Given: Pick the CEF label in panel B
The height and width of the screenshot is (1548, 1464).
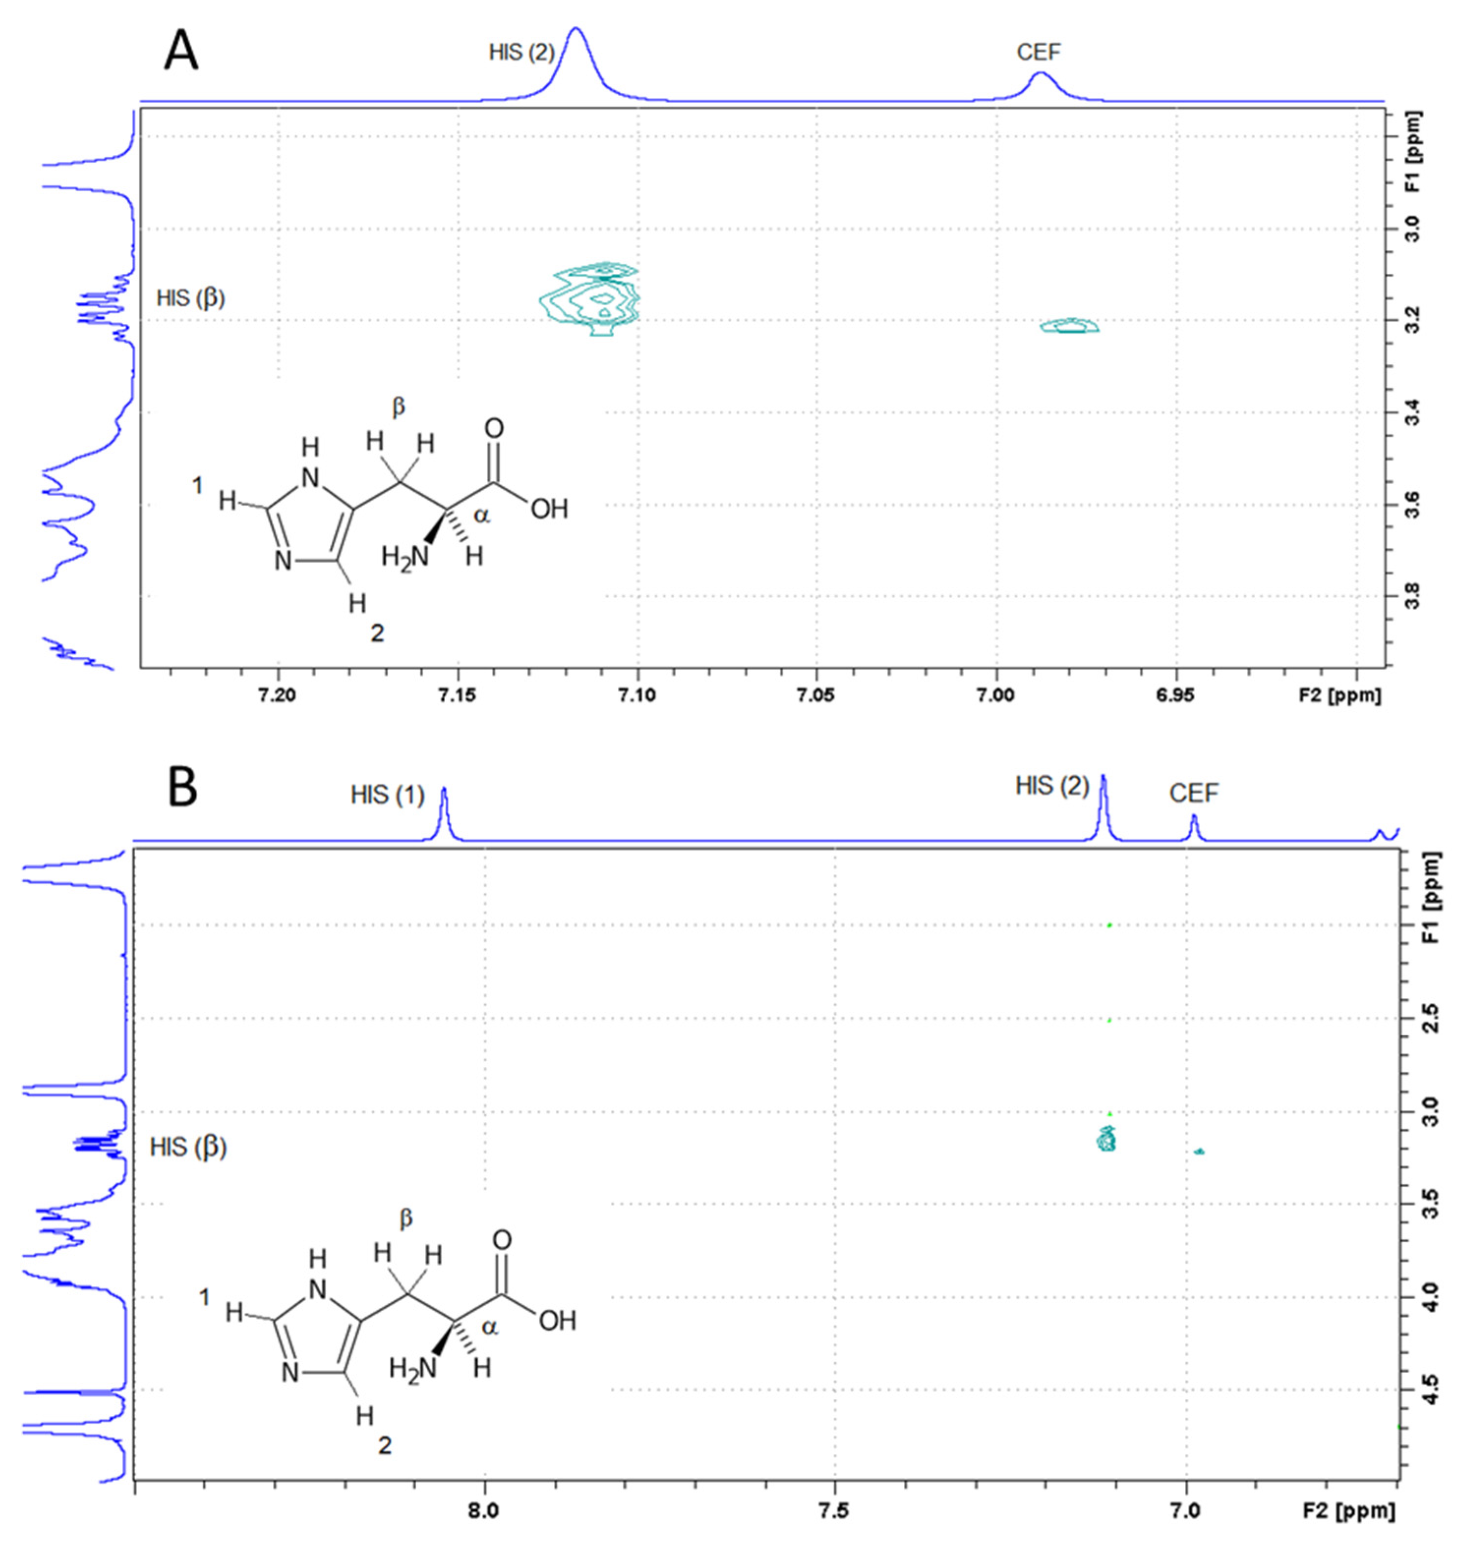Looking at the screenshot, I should (1193, 794).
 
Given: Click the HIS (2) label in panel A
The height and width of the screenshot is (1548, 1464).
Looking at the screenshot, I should (521, 52).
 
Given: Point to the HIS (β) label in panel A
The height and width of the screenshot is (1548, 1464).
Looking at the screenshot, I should (190, 298).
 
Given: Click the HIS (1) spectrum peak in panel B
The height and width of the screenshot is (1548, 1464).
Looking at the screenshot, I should (444, 812).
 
